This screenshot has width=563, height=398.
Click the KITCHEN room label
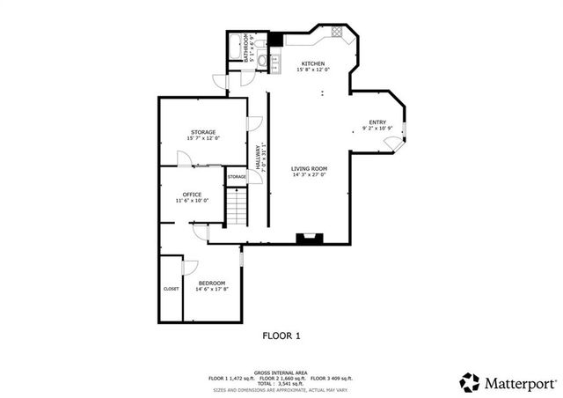coord(313,63)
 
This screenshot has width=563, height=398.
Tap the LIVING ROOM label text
coord(310,168)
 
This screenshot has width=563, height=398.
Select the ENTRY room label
coord(377,122)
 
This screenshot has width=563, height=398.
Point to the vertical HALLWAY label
coord(258,158)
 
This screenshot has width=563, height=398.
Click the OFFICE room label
coord(192,195)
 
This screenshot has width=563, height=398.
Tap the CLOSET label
coord(171,289)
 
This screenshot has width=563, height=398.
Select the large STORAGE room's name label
coord(203,132)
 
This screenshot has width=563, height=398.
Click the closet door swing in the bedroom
coord(189,267)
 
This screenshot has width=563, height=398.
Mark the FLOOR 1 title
coord(281,335)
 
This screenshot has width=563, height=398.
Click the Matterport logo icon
coord(470,382)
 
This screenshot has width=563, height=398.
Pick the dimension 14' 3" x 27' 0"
coord(310,175)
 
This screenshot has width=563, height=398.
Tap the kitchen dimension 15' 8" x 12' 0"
coord(313,70)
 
